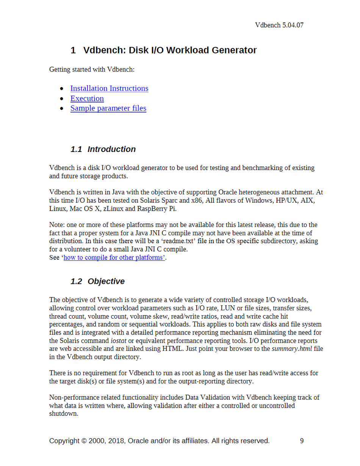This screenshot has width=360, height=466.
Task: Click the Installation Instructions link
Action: pos(109,89)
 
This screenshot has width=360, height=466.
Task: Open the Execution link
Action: pos(87,99)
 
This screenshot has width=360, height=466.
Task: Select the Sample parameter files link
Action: pos(108,108)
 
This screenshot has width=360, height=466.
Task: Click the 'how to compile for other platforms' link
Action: pos(114,258)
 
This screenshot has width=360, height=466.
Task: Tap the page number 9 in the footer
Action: pos(302,441)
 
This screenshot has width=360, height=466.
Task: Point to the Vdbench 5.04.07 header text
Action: pos(279,25)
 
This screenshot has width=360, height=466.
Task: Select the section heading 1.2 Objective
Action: pos(97,281)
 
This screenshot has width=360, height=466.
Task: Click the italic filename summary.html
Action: pos(292,349)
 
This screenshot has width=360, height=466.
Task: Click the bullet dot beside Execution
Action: pos(62,99)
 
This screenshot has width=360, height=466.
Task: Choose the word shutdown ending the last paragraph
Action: pos(64,414)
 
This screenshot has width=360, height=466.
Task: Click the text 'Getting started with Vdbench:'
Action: pos(92,70)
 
